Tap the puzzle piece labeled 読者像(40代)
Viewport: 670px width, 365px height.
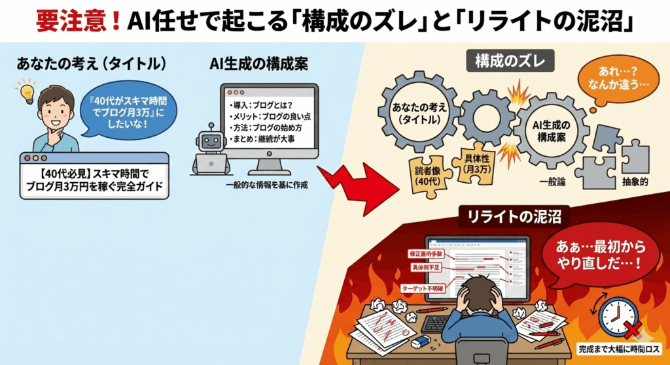pos(427,173)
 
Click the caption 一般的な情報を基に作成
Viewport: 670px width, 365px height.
pos(265,185)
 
